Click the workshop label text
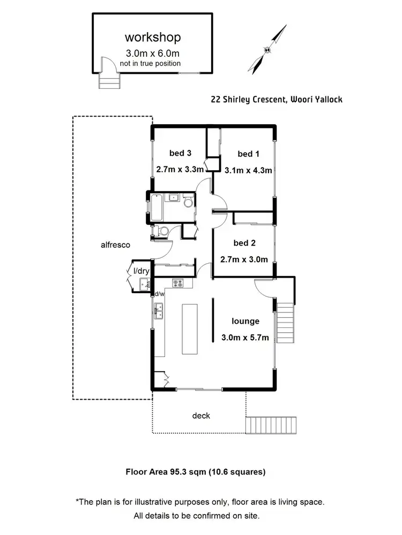click(x=153, y=37)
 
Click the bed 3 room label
click(x=180, y=153)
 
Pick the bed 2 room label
click(x=244, y=243)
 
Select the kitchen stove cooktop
click(x=178, y=282)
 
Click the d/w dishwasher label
click(x=159, y=294)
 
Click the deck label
click(x=201, y=415)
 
